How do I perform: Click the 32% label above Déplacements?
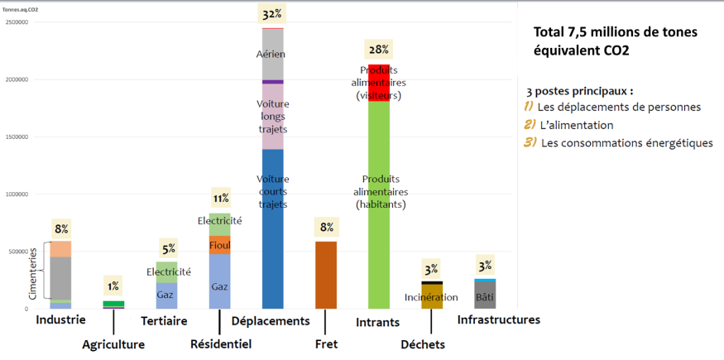coord(272,15)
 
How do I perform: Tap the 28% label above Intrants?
coord(379,50)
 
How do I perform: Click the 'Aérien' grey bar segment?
coord(272,54)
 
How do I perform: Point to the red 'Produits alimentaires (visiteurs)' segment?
coord(379,83)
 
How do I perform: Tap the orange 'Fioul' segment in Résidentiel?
coord(220,245)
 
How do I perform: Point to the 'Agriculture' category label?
coord(113,344)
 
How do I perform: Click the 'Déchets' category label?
coord(422,344)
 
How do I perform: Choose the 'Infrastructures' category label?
coord(498,319)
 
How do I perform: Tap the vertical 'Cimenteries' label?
coord(32,273)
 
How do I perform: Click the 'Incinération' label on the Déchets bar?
coord(431,297)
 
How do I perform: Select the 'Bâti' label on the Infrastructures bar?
coord(486,295)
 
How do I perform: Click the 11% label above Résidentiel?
coord(221,199)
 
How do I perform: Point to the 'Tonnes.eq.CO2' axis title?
coord(21,9)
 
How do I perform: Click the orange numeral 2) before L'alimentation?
coord(530,125)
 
